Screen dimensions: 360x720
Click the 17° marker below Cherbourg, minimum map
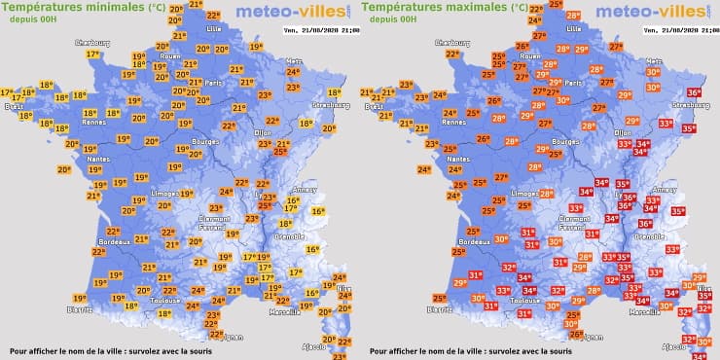coord(93,54)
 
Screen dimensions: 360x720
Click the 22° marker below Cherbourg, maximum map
coord(453,54)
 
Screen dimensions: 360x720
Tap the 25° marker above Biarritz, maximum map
coord(440,299)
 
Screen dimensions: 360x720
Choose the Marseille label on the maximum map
coord(643,312)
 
